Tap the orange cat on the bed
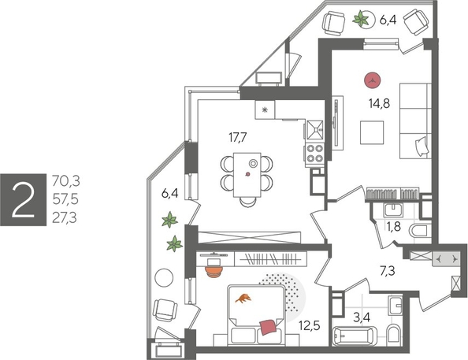[x=245, y=298]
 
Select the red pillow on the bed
[x=269, y=325]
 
